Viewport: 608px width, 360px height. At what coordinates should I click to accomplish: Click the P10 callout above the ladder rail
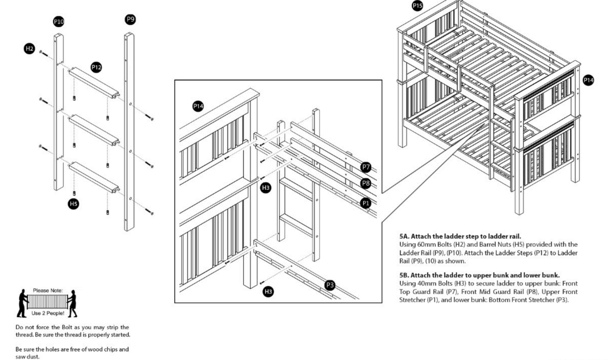pyautogui.click(x=59, y=21)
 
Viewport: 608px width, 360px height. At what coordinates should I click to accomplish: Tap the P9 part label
pyautogui.click(x=130, y=19)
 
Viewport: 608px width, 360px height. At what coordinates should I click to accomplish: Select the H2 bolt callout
pyautogui.click(x=29, y=48)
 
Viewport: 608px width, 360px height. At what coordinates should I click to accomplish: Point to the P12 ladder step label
pyautogui.click(x=96, y=67)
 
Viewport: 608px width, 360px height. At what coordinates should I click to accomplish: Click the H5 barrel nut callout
pyautogui.click(x=72, y=204)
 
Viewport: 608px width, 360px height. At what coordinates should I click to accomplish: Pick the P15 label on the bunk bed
pyautogui.click(x=418, y=5)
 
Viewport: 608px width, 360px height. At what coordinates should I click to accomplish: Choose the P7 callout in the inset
pyautogui.click(x=366, y=168)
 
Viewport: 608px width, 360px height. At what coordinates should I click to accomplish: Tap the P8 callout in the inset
pyautogui.click(x=366, y=182)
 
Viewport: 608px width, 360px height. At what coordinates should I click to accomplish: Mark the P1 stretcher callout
pyautogui.click(x=366, y=203)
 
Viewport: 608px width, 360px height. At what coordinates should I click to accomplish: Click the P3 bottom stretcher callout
pyautogui.click(x=330, y=285)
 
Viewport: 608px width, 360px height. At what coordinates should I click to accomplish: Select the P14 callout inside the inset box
pyautogui.click(x=198, y=106)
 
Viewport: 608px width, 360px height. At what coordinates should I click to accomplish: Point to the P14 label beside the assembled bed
pyautogui.click(x=588, y=80)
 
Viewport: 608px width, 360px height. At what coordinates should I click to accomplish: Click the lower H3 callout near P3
pyautogui.click(x=268, y=292)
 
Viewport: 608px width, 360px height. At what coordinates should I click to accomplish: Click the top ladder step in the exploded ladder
pyautogui.click(x=93, y=81)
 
